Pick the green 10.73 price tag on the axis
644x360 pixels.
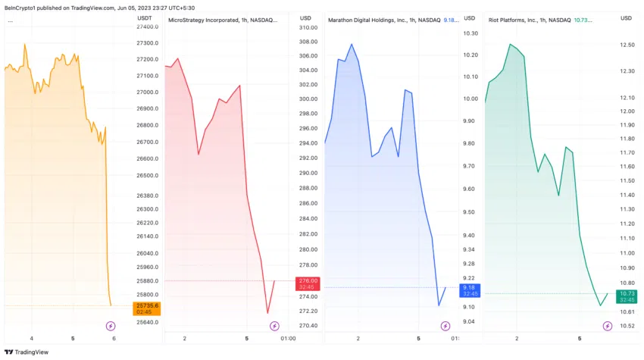coord(627,296)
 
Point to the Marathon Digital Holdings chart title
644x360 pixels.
coord(383,20)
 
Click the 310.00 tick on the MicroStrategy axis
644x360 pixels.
coord(308,27)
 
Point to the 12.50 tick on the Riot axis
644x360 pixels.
coord(627,45)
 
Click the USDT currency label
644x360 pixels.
coord(145,17)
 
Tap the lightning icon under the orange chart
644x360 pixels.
coord(111,326)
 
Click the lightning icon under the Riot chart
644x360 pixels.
coord(608,326)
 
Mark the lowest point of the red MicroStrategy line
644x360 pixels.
coord(267,312)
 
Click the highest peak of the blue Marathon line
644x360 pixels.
coord(352,44)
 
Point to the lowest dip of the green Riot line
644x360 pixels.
coord(600,305)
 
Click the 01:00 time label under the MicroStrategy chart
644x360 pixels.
coord(288,338)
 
